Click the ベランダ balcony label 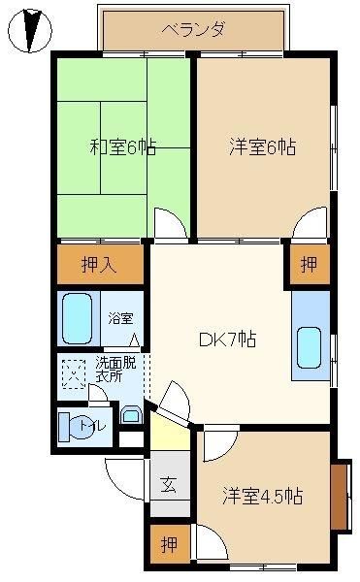(x=193, y=30)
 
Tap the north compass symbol (x=30, y=30)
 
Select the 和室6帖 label (x=123, y=147)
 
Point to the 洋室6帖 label (x=263, y=146)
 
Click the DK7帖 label (x=227, y=339)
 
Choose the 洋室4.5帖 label (x=262, y=496)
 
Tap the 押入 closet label (x=99, y=265)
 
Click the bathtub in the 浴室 (x=78, y=319)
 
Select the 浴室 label (x=120, y=318)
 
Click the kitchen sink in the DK (x=309, y=347)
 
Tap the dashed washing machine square (x=74, y=373)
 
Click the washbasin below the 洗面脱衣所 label (x=132, y=415)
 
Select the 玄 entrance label (x=169, y=484)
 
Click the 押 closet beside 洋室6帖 (x=310, y=264)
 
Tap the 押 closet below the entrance (x=170, y=544)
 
